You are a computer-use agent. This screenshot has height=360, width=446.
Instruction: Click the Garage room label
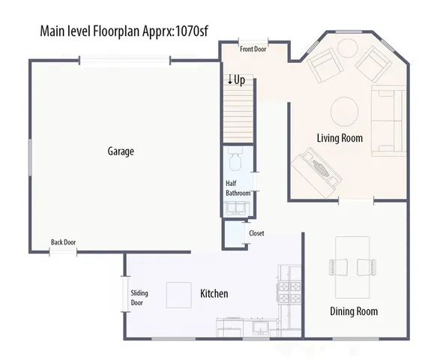click(121, 151)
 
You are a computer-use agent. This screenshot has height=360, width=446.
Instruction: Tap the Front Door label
click(253, 49)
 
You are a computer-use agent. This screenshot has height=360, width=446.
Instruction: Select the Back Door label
click(63, 242)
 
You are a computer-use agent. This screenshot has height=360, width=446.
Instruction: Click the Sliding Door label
click(139, 298)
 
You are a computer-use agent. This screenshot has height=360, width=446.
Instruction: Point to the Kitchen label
click(214, 293)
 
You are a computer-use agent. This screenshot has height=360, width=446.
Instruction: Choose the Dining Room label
click(354, 311)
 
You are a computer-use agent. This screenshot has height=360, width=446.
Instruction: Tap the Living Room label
click(340, 138)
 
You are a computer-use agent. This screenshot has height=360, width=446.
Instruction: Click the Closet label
click(256, 233)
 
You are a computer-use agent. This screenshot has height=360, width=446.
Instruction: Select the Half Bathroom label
click(238, 188)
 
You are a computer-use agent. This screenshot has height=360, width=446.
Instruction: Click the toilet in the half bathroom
click(235, 159)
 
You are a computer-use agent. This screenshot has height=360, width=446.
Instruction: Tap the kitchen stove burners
click(290, 292)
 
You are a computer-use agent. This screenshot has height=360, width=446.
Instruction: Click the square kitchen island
click(178, 295)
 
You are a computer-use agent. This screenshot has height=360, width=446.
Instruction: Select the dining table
click(352, 267)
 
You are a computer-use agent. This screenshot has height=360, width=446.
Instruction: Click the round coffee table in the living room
click(344, 111)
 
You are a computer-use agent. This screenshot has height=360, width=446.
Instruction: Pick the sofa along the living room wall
click(388, 121)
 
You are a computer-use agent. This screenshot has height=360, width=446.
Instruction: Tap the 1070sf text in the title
click(192, 31)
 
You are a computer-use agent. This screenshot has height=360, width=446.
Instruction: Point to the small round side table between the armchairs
click(347, 49)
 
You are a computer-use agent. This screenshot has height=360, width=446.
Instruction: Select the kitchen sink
click(261, 327)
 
